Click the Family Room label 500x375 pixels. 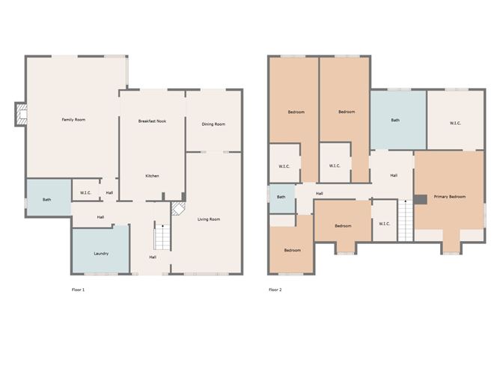coord(73,120)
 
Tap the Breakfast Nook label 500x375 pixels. coord(152,121)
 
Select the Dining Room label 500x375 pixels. coord(213,124)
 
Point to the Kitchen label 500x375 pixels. coord(152,176)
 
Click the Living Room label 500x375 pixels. coord(209,219)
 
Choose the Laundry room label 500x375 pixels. coord(101,254)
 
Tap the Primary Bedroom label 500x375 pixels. coord(450,197)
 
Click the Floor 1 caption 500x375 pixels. coord(78,290)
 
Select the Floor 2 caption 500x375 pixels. coord(275,290)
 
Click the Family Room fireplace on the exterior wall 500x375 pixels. coord(21,115)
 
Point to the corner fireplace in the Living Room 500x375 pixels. coord(178,208)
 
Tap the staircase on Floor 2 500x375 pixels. coord(405,221)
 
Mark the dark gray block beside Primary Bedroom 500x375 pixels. coord(420,200)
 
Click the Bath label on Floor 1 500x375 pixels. coord(47,200)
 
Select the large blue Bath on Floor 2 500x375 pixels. coord(398,120)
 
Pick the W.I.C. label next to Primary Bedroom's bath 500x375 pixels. coord(455,123)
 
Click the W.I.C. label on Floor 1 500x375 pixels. coord(85,192)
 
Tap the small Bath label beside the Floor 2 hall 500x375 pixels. coord(281,197)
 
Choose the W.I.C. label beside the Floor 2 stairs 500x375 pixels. coord(384,224)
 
